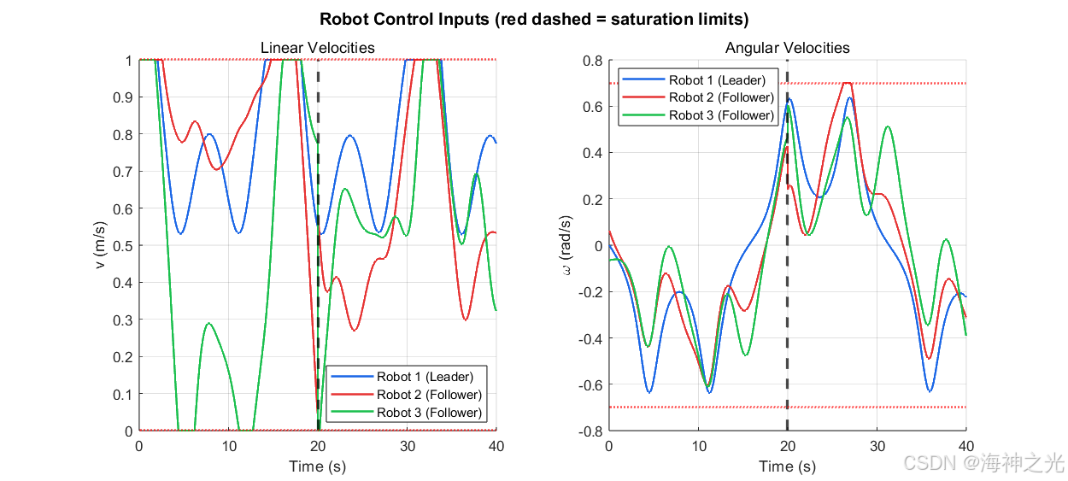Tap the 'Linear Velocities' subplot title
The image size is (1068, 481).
click(318, 48)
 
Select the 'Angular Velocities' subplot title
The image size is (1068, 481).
click(787, 48)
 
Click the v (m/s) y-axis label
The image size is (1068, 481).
click(99, 245)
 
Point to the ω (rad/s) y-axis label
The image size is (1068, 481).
click(566, 245)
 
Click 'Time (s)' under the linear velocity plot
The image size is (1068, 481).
click(318, 466)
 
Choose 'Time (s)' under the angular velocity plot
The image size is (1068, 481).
click(787, 466)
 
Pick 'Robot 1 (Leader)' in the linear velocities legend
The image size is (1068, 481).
click(425, 377)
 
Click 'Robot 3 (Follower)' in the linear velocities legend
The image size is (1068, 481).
click(429, 413)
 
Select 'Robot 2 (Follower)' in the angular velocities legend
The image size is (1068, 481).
click(721, 97)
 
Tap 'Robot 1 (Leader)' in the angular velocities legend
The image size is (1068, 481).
click(717, 79)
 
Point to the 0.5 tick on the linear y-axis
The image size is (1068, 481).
click(122, 246)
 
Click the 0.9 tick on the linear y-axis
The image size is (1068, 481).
click(122, 97)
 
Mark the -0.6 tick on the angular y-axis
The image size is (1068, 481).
click(590, 384)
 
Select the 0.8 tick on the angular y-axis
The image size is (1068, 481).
click(593, 61)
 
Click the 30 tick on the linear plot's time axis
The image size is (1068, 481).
click(408, 446)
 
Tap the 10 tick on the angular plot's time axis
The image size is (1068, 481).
click(699, 446)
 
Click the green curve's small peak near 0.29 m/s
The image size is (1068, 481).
click(208, 323)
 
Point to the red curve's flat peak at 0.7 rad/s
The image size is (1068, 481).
click(847, 83)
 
